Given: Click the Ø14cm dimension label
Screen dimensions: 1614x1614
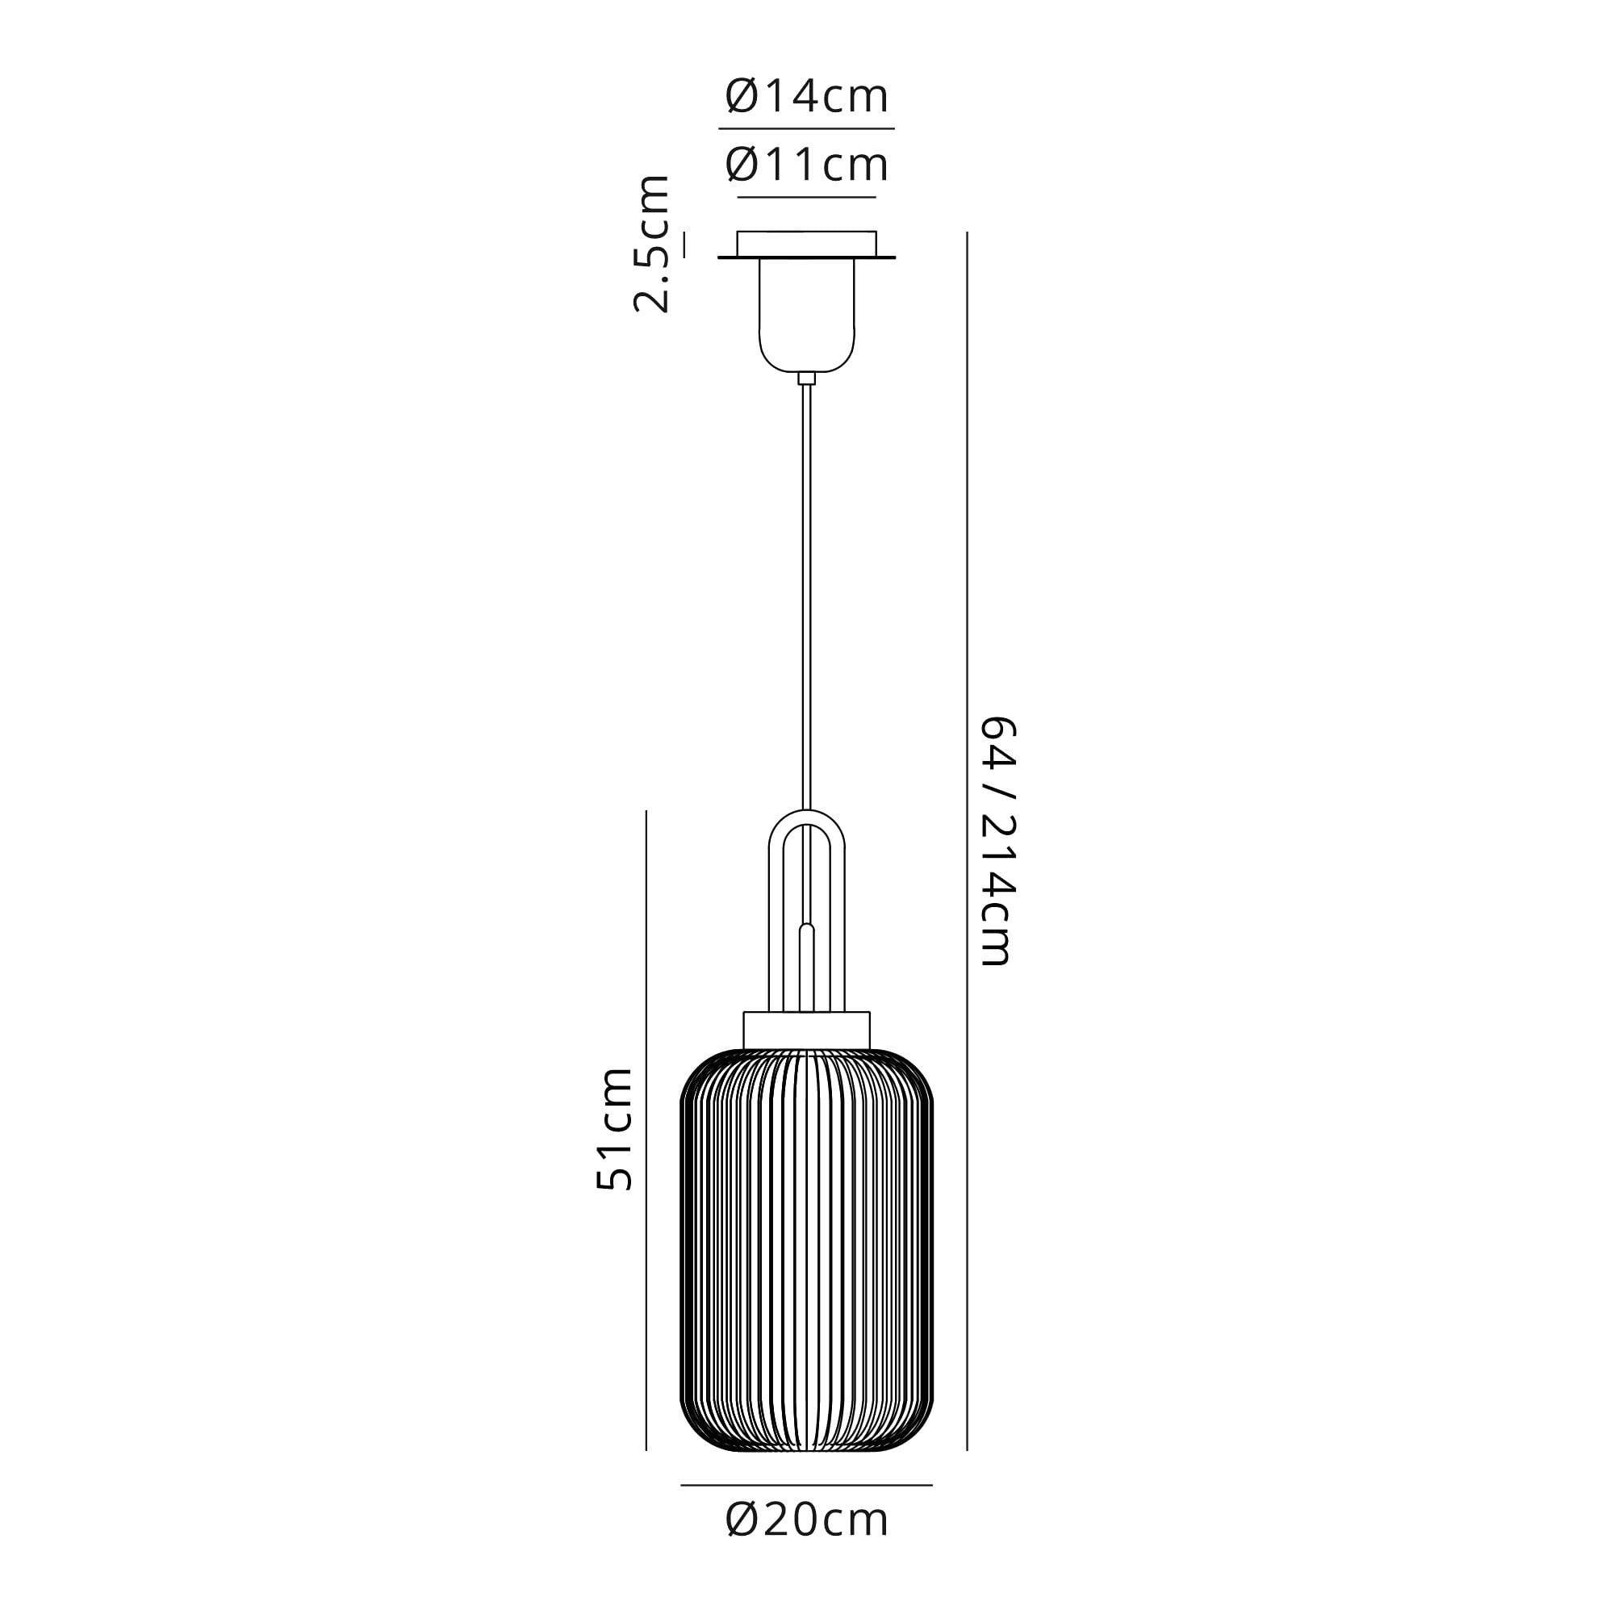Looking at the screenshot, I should point(807,96).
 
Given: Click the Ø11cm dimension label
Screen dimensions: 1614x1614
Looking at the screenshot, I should point(807,165).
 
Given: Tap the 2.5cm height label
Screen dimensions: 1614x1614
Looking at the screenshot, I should point(651,244).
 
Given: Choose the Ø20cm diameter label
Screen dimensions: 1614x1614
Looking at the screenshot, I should point(807,1543).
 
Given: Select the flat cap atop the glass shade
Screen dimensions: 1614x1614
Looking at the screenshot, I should point(807,1030).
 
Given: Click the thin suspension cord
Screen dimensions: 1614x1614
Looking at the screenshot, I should point(807,585).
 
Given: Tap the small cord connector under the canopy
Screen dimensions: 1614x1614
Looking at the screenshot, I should point(807,378).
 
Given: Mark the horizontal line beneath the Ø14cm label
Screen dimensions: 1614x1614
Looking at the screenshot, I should point(807,128).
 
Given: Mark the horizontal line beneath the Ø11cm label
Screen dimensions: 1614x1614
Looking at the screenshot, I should point(807,197).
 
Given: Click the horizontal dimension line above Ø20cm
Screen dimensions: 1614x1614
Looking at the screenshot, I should point(807,1509).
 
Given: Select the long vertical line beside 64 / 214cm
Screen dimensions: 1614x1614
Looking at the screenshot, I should point(968,835).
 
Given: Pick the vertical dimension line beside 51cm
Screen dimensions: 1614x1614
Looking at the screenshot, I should point(646,1128).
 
